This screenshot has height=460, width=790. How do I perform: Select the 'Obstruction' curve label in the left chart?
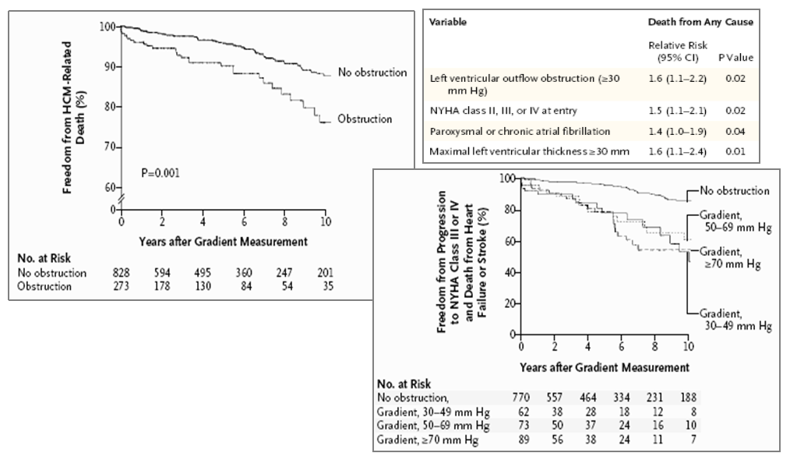point(365,119)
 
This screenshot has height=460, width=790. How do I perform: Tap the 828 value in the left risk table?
point(121,274)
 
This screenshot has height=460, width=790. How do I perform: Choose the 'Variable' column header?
point(448,22)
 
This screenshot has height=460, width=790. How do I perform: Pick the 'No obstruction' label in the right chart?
point(735,191)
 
